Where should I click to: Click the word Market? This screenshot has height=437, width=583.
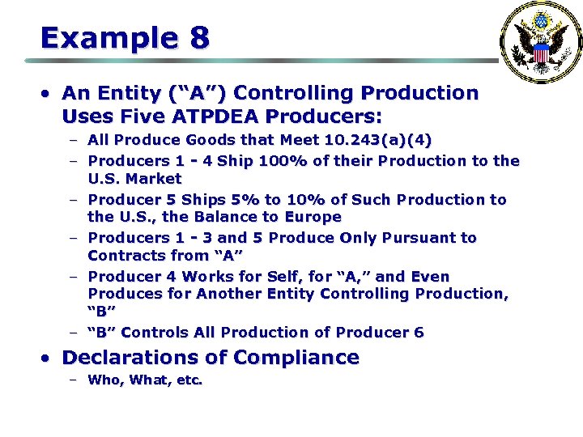click(x=153, y=178)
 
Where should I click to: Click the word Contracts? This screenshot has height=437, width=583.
click(x=126, y=256)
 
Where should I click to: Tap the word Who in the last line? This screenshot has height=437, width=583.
click(x=105, y=380)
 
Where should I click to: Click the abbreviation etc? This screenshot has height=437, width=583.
click(x=187, y=380)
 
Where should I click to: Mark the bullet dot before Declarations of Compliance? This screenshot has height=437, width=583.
click(x=49, y=358)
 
